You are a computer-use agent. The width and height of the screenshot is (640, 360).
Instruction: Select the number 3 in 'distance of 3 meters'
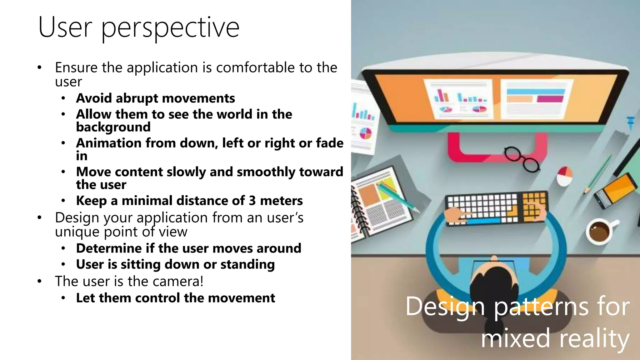coord(252,201)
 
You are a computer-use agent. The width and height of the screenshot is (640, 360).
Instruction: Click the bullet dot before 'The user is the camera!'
coord(39,281)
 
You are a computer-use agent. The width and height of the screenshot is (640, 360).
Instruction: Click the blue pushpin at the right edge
coord(631,122)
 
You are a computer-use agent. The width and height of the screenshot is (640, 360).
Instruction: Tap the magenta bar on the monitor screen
coord(550,99)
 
